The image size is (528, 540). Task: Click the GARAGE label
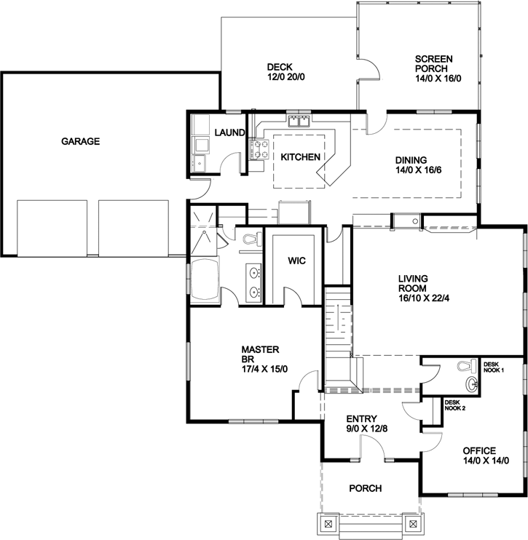pos(80,141)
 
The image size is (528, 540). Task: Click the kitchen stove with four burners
pos(257,149)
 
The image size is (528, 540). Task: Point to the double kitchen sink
pos(299,121)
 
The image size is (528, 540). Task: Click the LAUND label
pos(229,132)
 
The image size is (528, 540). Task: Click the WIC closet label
pos(296,260)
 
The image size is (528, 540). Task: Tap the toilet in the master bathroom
pos(250,239)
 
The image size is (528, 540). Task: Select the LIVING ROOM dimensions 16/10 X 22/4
pos(423,297)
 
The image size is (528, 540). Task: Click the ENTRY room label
pos(361,418)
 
